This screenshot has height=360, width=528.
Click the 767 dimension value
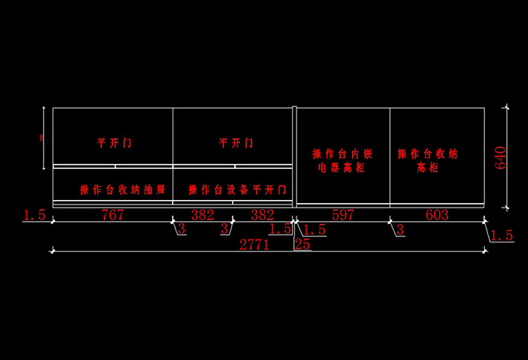(x=112, y=215)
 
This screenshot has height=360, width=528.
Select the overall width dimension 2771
(x=254, y=244)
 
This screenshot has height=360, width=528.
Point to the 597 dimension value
(x=342, y=215)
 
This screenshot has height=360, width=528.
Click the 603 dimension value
(x=437, y=215)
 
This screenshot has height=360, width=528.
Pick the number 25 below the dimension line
(x=302, y=244)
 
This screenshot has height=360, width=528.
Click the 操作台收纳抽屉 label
(x=122, y=189)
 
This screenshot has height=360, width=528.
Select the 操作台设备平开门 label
(x=238, y=189)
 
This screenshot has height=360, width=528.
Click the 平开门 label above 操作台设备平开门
(x=236, y=143)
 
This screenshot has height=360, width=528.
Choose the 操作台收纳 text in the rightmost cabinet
(x=428, y=154)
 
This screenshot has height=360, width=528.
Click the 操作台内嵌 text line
(x=342, y=154)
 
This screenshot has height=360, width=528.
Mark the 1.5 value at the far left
(x=35, y=216)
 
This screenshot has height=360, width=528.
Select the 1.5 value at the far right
(x=502, y=236)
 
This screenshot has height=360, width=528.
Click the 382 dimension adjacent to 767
(x=202, y=215)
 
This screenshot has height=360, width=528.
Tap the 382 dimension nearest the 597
(x=262, y=215)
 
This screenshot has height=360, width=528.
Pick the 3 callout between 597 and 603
(x=400, y=229)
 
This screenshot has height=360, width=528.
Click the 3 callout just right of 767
(x=181, y=229)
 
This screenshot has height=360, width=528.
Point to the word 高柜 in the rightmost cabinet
(x=427, y=168)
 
